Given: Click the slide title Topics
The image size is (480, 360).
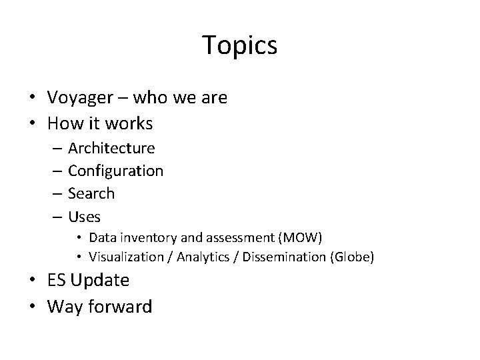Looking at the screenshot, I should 239,45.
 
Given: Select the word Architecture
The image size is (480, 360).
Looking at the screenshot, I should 111,147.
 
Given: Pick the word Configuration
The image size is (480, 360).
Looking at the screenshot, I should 115,171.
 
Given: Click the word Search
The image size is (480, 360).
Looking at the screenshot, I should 91,193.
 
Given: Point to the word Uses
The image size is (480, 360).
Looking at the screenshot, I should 85,217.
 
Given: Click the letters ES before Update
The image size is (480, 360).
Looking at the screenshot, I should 57,281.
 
